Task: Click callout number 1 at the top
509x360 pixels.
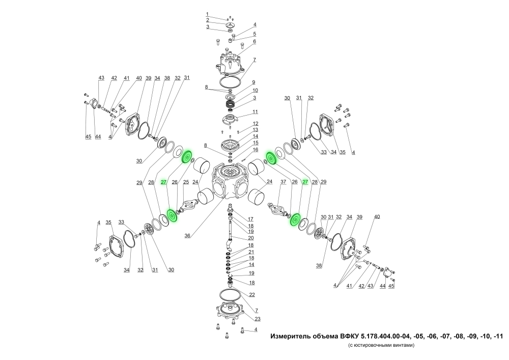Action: click(207, 14)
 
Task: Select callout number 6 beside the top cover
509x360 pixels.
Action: click(254, 42)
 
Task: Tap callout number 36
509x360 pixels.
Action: click(187, 236)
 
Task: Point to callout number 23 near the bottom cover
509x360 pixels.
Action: click(258, 319)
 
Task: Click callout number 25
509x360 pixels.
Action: click(186, 182)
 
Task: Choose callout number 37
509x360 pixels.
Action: click(284, 182)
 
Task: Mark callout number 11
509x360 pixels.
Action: click(255, 112)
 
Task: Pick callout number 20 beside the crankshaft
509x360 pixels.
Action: click(251, 238)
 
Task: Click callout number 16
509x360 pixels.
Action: click(256, 150)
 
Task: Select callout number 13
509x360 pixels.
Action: click(256, 130)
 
